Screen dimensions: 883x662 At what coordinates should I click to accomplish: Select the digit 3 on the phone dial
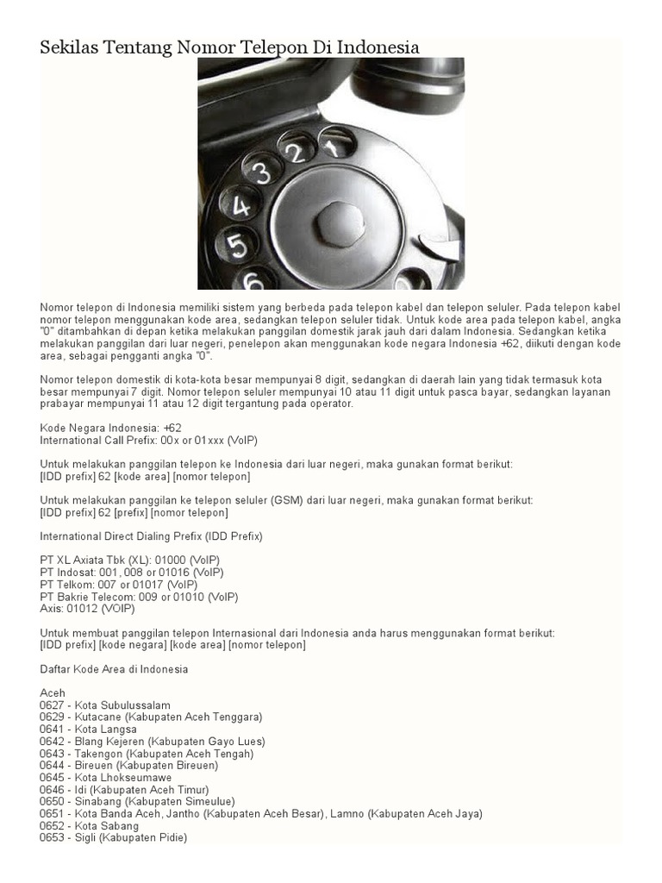259,170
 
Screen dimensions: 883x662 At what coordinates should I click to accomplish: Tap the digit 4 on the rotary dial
240,206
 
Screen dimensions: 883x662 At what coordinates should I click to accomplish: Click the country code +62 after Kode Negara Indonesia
171,428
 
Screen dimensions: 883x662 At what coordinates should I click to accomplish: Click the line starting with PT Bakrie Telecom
139,597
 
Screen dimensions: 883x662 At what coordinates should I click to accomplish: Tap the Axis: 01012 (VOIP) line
87,609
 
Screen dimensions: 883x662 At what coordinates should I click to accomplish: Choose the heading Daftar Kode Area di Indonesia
114,669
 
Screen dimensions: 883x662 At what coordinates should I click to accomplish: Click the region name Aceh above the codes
53,693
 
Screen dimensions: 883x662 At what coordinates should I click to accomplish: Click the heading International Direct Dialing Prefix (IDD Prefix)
151,536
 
